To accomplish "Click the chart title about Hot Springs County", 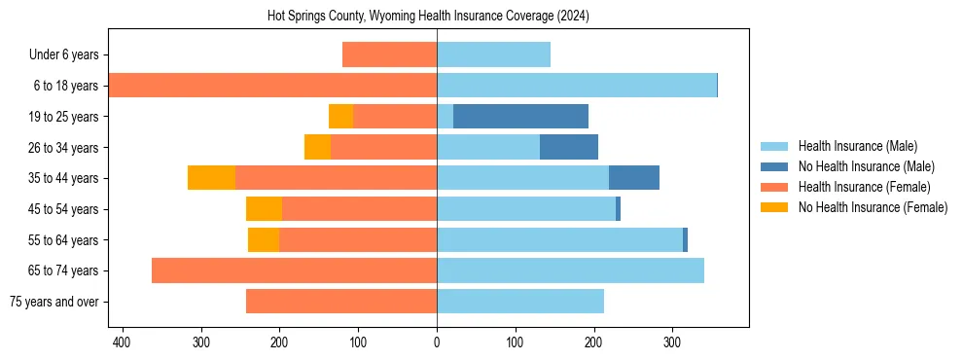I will (428, 17).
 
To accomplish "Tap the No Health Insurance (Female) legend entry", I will (873, 207).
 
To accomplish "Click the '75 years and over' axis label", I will (55, 302).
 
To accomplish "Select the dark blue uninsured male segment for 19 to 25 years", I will (520, 117).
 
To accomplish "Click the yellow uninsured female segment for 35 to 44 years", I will (211, 178).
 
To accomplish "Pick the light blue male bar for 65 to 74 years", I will (570, 270).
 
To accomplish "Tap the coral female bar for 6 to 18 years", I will (272, 86).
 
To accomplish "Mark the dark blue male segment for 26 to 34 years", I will (569, 148).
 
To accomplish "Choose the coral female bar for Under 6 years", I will (389, 55).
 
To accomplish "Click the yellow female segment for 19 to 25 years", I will (340, 117).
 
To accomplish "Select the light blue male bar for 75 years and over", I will (520, 302).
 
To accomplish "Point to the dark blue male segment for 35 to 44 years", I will (634, 178).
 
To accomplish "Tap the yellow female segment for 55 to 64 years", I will (264, 240).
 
